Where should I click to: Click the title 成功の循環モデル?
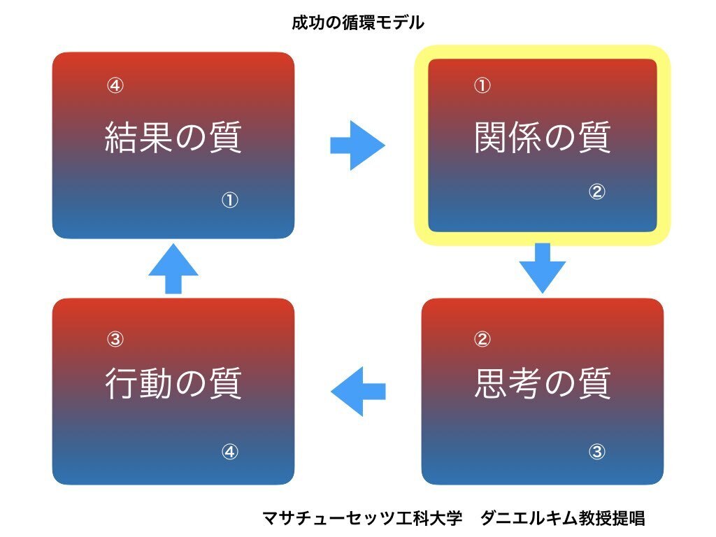click(x=358, y=22)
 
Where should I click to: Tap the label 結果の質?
click(x=173, y=137)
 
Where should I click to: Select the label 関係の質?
click(x=542, y=137)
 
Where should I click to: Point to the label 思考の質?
click(x=542, y=383)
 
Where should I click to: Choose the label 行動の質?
click(x=173, y=383)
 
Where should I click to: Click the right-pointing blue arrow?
click(x=357, y=145)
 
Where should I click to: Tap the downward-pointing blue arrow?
click(x=543, y=268)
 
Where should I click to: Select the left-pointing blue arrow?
click(x=359, y=392)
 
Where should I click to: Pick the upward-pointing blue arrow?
click(x=173, y=268)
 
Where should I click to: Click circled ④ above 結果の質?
click(x=115, y=85)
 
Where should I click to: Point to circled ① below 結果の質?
click(x=229, y=199)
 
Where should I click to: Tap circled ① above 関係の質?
click(x=482, y=85)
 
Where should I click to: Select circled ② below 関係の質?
click(x=597, y=192)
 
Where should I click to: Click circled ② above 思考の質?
click(x=482, y=339)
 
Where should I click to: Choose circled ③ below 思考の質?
click(x=597, y=452)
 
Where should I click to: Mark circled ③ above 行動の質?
click(x=115, y=339)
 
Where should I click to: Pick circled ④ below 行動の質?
click(x=229, y=452)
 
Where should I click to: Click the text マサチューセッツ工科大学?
click(x=363, y=518)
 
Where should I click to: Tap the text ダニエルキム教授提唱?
click(x=563, y=518)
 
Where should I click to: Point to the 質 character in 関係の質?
click(x=594, y=137)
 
